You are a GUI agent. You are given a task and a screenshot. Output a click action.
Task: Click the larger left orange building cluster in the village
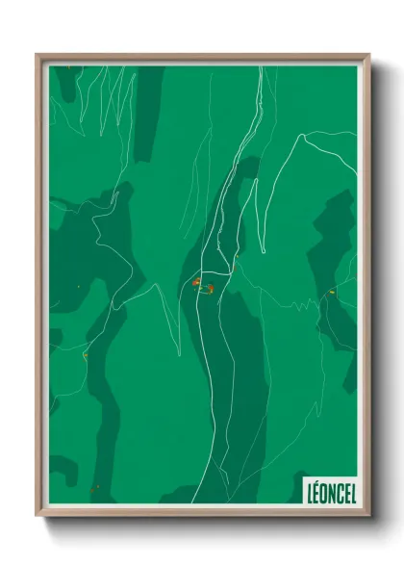pos(195,283)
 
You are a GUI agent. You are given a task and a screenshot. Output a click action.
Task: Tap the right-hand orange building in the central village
pos(209,287)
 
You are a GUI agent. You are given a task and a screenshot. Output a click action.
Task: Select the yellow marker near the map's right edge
pos(330,291)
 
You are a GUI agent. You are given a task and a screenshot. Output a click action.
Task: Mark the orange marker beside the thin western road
pos(86,356)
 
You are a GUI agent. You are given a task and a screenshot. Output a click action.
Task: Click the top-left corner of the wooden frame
pos(38,56)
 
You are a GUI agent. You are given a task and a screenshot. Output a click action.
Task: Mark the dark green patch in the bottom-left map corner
pos(63,472)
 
